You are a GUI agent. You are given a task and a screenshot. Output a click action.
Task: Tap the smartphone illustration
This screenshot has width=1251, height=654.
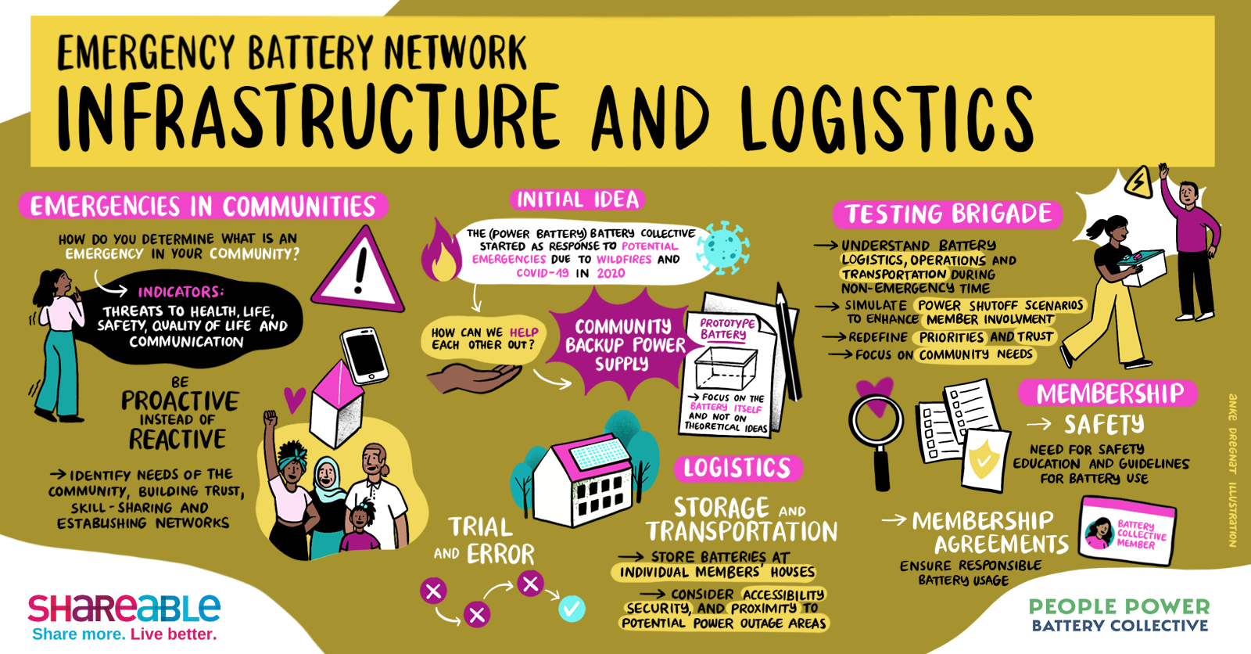pyautogui.click(x=364, y=354)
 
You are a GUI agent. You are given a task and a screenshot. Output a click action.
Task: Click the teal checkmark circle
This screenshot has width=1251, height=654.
pyautogui.click(x=572, y=608)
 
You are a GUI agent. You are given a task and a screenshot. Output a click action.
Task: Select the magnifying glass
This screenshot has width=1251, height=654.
pyautogui.click(x=876, y=430)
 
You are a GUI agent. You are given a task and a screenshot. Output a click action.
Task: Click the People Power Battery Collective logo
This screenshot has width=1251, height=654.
pyautogui.click(x=1119, y=615)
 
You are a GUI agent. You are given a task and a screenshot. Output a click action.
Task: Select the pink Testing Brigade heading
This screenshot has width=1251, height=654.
pyautogui.click(x=948, y=214)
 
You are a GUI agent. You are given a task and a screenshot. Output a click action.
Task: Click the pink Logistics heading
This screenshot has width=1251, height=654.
pyautogui.click(x=737, y=468)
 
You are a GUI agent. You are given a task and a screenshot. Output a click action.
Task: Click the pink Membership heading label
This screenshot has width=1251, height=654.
pyautogui.click(x=1109, y=393)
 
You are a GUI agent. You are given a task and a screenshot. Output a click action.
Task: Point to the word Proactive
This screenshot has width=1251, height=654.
pyautogui.click(x=180, y=401)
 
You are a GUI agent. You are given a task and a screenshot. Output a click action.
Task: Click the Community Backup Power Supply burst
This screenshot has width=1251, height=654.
pyautogui.click(x=622, y=345)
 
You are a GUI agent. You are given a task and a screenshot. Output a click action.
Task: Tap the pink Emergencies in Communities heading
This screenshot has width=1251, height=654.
pyautogui.click(x=203, y=207)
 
